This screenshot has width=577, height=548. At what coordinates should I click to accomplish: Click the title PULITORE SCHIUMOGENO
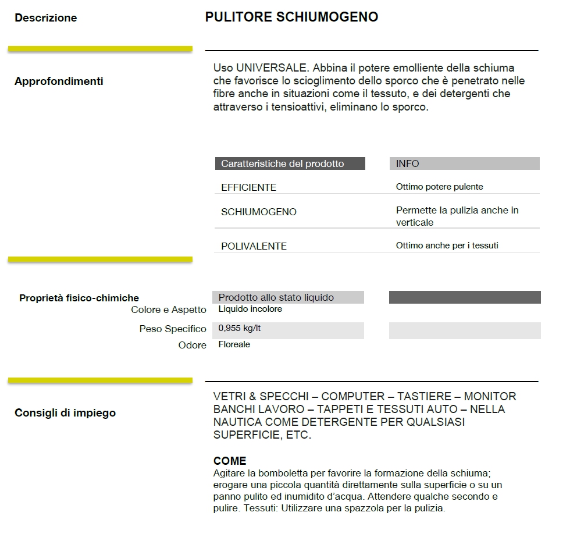click(291, 17)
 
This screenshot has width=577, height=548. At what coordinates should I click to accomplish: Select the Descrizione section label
click(46, 18)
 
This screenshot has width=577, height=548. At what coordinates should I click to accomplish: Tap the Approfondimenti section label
click(59, 81)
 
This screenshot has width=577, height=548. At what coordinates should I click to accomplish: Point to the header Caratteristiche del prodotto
click(283, 164)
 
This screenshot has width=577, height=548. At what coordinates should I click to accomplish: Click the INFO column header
click(407, 164)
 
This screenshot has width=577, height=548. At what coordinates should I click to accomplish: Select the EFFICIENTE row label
click(248, 187)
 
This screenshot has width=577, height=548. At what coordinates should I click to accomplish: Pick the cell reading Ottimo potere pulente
click(439, 187)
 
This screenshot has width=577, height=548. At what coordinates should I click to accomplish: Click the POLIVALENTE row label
click(254, 246)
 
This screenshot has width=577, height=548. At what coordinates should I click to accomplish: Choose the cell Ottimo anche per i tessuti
click(447, 245)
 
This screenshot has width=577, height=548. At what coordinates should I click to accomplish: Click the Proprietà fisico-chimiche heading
click(79, 298)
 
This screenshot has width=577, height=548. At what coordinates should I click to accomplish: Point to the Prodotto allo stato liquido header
click(276, 298)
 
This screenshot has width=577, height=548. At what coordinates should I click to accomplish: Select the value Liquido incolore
click(250, 309)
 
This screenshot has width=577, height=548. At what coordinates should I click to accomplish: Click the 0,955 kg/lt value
click(240, 328)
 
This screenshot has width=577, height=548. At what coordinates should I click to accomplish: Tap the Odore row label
click(192, 346)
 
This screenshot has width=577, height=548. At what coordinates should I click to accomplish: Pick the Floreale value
click(234, 344)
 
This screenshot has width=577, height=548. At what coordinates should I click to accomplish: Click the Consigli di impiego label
click(65, 413)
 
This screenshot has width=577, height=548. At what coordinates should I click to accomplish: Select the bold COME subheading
click(230, 461)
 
